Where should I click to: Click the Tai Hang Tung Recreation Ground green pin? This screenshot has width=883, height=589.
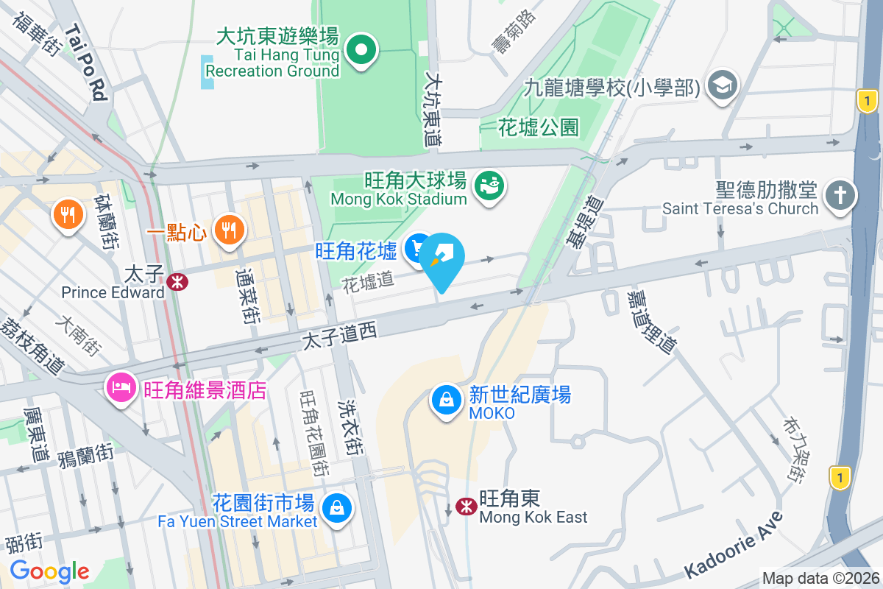pyautogui.click(x=361, y=51)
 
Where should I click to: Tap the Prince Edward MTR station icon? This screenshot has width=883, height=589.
pyautogui.click(x=177, y=281)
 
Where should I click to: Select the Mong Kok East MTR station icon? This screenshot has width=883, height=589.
pyautogui.click(x=465, y=507)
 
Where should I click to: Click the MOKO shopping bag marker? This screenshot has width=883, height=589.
pyautogui.click(x=446, y=401)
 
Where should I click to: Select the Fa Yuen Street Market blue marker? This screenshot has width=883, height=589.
pyautogui.click(x=336, y=508)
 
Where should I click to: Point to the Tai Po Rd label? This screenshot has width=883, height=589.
pyautogui.click(x=87, y=63)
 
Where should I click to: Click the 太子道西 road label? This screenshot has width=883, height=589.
pyautogui.click(x=340, y=336)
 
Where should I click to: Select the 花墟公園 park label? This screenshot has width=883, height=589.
pyautogui.click(x=539, y=128)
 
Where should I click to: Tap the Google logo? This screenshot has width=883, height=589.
pyautogui.click(x=50, y=571)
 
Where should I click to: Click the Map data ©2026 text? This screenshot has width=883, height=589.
pyautogui.click(x=820, y=579)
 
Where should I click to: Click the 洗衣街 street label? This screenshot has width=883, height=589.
pyautogui.click(x=349, y=428)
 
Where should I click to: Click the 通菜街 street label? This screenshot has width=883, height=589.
pyautogui.click(x=246, y=297)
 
